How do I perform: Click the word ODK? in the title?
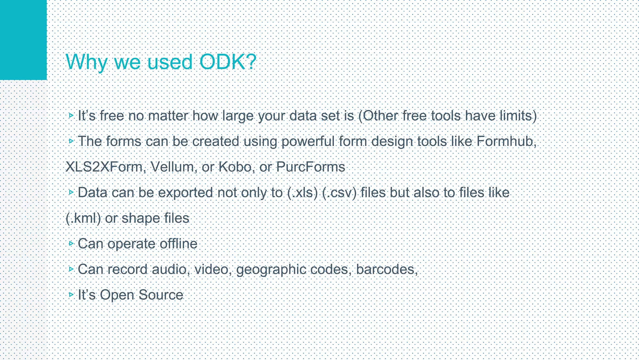coord(227,62)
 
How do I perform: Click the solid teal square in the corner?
coord(23,40)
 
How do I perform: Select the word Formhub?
coord(505,141)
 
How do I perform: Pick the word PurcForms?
coord(310,167)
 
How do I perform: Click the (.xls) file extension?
coord(302,192)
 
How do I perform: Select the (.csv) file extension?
coord(339,192)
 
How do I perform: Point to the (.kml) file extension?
coord(83,218)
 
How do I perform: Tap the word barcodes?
coord(386,269)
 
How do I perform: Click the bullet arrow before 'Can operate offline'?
coord(71,243)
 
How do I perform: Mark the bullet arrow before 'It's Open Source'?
coord(71,294)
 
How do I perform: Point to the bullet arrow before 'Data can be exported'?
coord(71,192)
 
